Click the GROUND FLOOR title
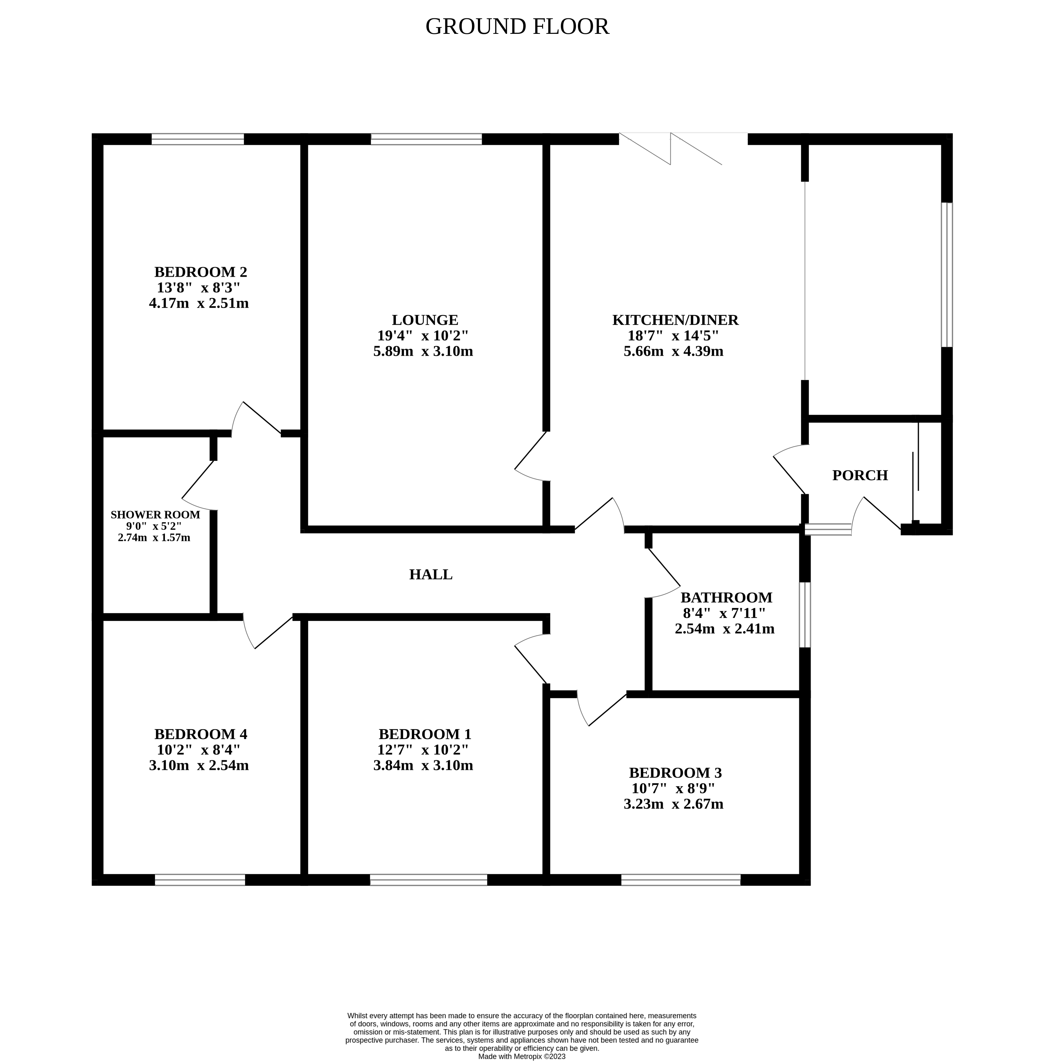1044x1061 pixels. pos(517,26)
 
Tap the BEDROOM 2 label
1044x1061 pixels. pos(200,272)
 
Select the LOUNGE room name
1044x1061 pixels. pos(424,320)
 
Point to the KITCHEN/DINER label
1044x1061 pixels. pos(675,320)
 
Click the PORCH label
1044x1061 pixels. pos(860,475)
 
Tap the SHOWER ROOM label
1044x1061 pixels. pos(155,515)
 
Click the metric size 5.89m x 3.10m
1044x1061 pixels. pos(423,351)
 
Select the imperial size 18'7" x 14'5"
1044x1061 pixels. pos(673,336)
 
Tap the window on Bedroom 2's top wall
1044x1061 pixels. pos(197,139)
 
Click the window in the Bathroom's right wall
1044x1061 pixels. pos(804,615)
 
